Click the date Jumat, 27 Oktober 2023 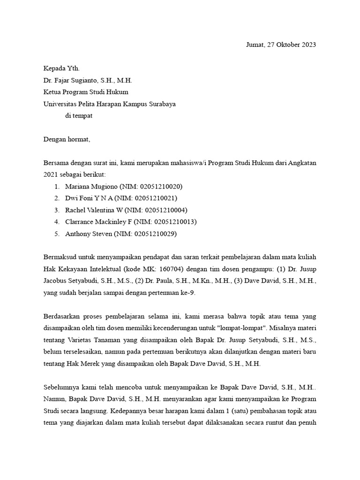[x=281, y=45]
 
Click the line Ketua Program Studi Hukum [x=85, y=92]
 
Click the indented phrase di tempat [x=79, y=116]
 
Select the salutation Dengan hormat [x=66, y=140]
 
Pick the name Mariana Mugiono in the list [x=90, y=186]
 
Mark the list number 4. [x=56, y=222]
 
